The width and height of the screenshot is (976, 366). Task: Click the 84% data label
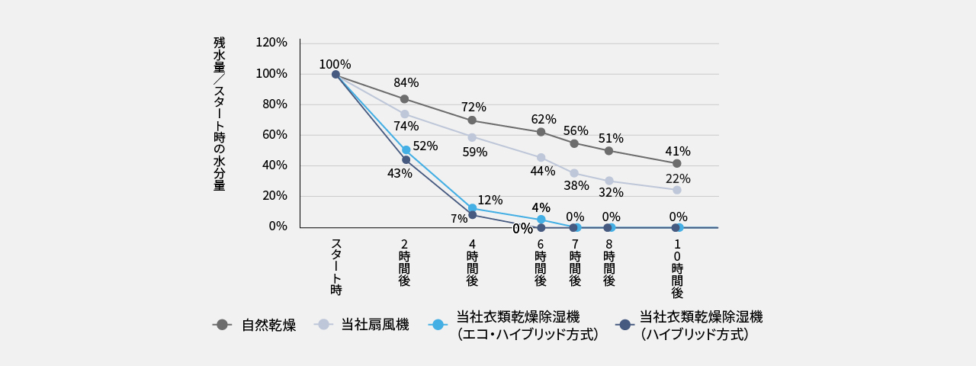tap(406, 83)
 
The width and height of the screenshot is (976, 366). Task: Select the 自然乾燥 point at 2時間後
tap(404, 99)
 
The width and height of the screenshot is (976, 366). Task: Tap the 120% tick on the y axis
tap(271, 43)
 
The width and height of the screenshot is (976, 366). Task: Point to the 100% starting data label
tap(335, 65)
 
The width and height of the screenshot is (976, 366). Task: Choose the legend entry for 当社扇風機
tap(374, 325)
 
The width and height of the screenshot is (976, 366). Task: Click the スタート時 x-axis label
tap(335, 267)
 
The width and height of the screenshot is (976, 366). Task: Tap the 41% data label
tap(677, 151)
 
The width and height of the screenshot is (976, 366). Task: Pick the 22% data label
tap(677, 179)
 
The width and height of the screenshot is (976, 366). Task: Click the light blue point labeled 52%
tap(406, 150)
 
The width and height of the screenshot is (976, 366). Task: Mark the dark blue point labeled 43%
tap(406, 159)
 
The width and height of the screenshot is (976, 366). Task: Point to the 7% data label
tap(459, 219)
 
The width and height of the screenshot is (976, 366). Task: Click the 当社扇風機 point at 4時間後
tap(472, 137)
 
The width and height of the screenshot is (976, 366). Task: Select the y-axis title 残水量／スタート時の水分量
tap(220, 114)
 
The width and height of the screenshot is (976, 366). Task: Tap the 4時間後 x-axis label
tap(472, 263)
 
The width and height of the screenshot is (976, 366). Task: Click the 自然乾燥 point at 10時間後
tap(677, 163)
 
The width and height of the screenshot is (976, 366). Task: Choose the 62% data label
tap(544, 120)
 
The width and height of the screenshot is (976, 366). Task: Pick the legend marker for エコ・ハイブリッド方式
tap(438, 325)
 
